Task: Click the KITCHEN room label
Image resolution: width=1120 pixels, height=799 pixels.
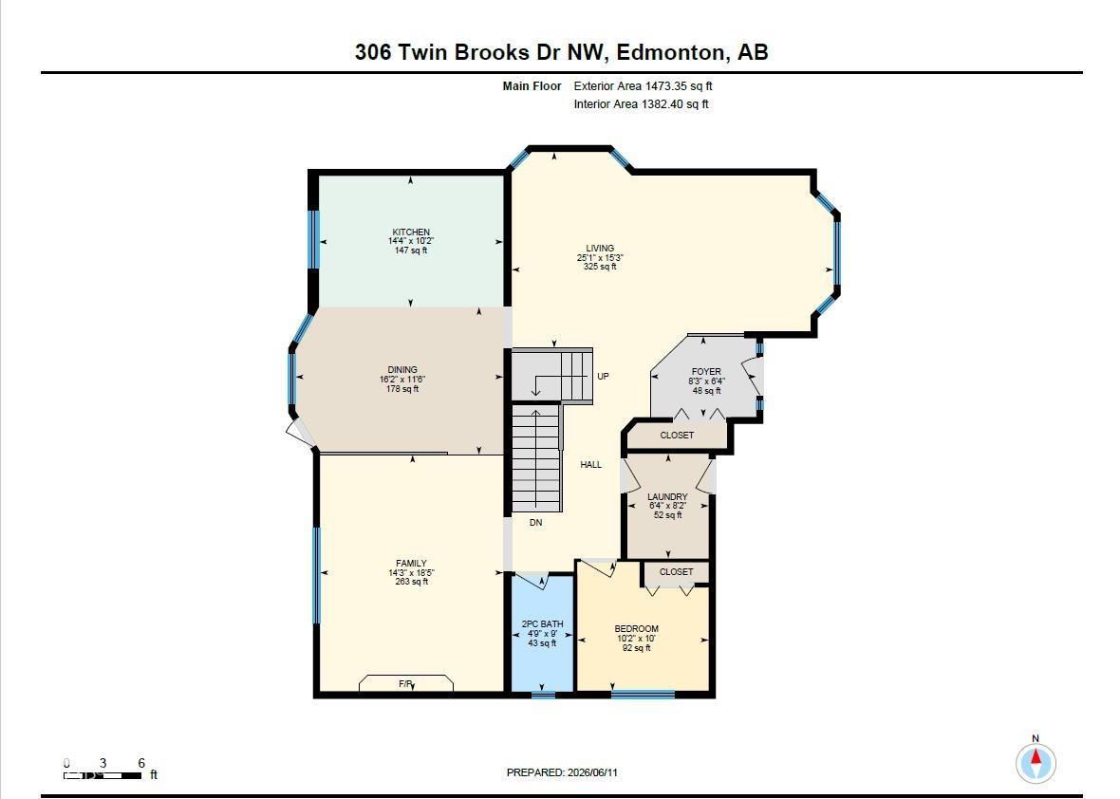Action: click(411, 232)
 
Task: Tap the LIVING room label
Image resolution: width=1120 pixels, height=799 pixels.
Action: click(600, 249)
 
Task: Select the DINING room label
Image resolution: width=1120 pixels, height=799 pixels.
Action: click(402, 370)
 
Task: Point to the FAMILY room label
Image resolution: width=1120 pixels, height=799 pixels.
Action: click(411, 564)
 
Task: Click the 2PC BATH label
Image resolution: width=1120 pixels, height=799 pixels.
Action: click(542, 624)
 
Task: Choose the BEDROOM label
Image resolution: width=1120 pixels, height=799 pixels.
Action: click(637, 629)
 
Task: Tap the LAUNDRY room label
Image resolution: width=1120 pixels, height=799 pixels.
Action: click(667, 497)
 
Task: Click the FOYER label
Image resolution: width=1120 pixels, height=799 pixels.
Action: click(706, 372)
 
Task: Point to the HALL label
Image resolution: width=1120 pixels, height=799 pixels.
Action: click(590, 465)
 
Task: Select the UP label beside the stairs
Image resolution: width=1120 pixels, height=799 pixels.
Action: click(603, 377)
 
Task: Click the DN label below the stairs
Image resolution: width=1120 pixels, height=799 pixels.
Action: click(535, 523)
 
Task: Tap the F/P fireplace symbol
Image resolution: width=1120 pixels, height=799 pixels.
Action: click(406, 683)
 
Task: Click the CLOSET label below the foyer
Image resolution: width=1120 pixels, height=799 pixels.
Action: click(677, 435)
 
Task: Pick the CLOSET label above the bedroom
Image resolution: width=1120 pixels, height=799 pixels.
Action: click(676, 572)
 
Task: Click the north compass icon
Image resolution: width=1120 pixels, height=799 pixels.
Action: click(1036, 763)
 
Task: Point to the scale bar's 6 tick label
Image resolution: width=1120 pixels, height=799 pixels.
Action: click(141, 763)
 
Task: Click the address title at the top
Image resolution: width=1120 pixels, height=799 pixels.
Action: click(562, 52)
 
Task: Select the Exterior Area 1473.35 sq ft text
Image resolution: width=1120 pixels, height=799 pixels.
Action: click(643, 86)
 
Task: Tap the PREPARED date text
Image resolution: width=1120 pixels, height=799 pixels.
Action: click(562, 772)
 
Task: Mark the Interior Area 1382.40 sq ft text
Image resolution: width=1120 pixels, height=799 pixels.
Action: click(642, 104)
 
